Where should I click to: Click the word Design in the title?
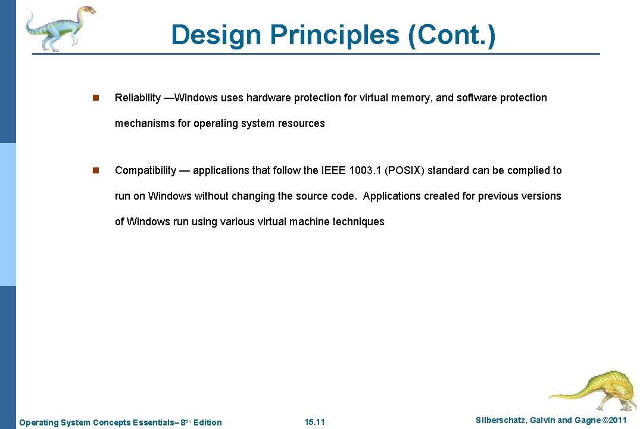(x=216, y=35)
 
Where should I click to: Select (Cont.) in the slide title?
(x=451, y=35)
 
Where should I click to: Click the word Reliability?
(x=138, y=98)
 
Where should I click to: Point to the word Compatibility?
(x=145, y=170)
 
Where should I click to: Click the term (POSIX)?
(x=405, y=170)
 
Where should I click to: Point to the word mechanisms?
(x=144, y=123)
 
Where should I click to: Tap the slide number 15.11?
(x=314, y=422)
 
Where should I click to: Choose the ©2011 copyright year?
(x=614, y=421)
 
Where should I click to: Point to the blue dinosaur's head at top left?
(x=86, y=11)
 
